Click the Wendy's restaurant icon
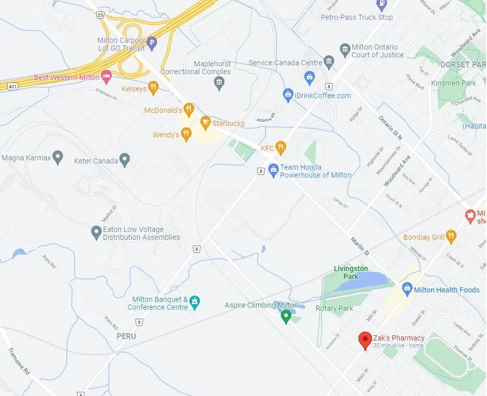coord(185,135)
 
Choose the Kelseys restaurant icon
coord(153,88)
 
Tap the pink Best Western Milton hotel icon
coord(106,77)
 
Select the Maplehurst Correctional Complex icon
coord(219,82)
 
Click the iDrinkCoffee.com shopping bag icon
coord(288,95)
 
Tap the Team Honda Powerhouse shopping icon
coord(273,169)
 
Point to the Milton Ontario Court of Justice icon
coord(345,50)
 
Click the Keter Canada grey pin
coord(124,159)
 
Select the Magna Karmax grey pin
coord(58,157)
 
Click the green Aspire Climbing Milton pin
coord(286,316)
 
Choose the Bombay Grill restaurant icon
coord(451,237)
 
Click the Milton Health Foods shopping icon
coord(407,288)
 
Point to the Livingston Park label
coord(351,272)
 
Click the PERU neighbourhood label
coord(126,336)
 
